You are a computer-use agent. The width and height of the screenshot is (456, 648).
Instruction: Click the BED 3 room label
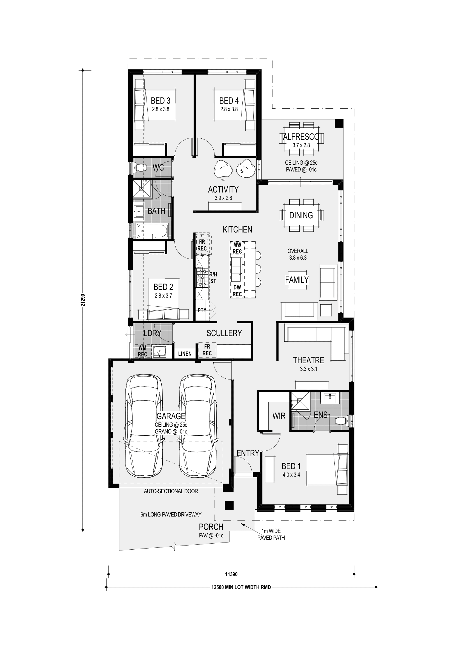click(x=160, y=101)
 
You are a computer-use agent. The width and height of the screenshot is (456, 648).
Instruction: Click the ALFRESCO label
click(x=301, y=137)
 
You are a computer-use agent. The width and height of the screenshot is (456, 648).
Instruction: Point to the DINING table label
click(x=301, y=215)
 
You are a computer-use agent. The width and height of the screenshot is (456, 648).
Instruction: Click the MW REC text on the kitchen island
click(x=237, y=248)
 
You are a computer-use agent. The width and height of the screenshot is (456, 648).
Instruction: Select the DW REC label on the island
click(x=237, y=291)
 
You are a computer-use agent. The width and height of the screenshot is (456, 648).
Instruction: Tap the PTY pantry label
click(x=202, y=310)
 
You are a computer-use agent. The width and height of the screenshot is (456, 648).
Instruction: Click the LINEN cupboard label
click(x=185, y=354)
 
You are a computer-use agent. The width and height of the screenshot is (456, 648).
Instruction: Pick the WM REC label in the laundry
click(x=142, y=351)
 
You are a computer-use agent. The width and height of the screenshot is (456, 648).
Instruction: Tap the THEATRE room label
click(x=308, y=360)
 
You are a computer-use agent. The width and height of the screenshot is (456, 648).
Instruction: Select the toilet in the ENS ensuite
click(x=341, y=421)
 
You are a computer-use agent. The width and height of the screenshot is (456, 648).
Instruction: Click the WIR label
click(x=279, y=416)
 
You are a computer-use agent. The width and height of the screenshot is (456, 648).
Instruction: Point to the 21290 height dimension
click(x=83, y=300)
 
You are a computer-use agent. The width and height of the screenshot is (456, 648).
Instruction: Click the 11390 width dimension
click(x=231, y=574)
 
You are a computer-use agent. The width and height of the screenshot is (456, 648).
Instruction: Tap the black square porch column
click(x=229, y=505)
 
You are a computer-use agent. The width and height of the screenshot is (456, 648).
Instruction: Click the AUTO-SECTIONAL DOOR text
click(x=171, y=491)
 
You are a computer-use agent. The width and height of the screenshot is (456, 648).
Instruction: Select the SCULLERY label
click(x=224, y=333)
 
